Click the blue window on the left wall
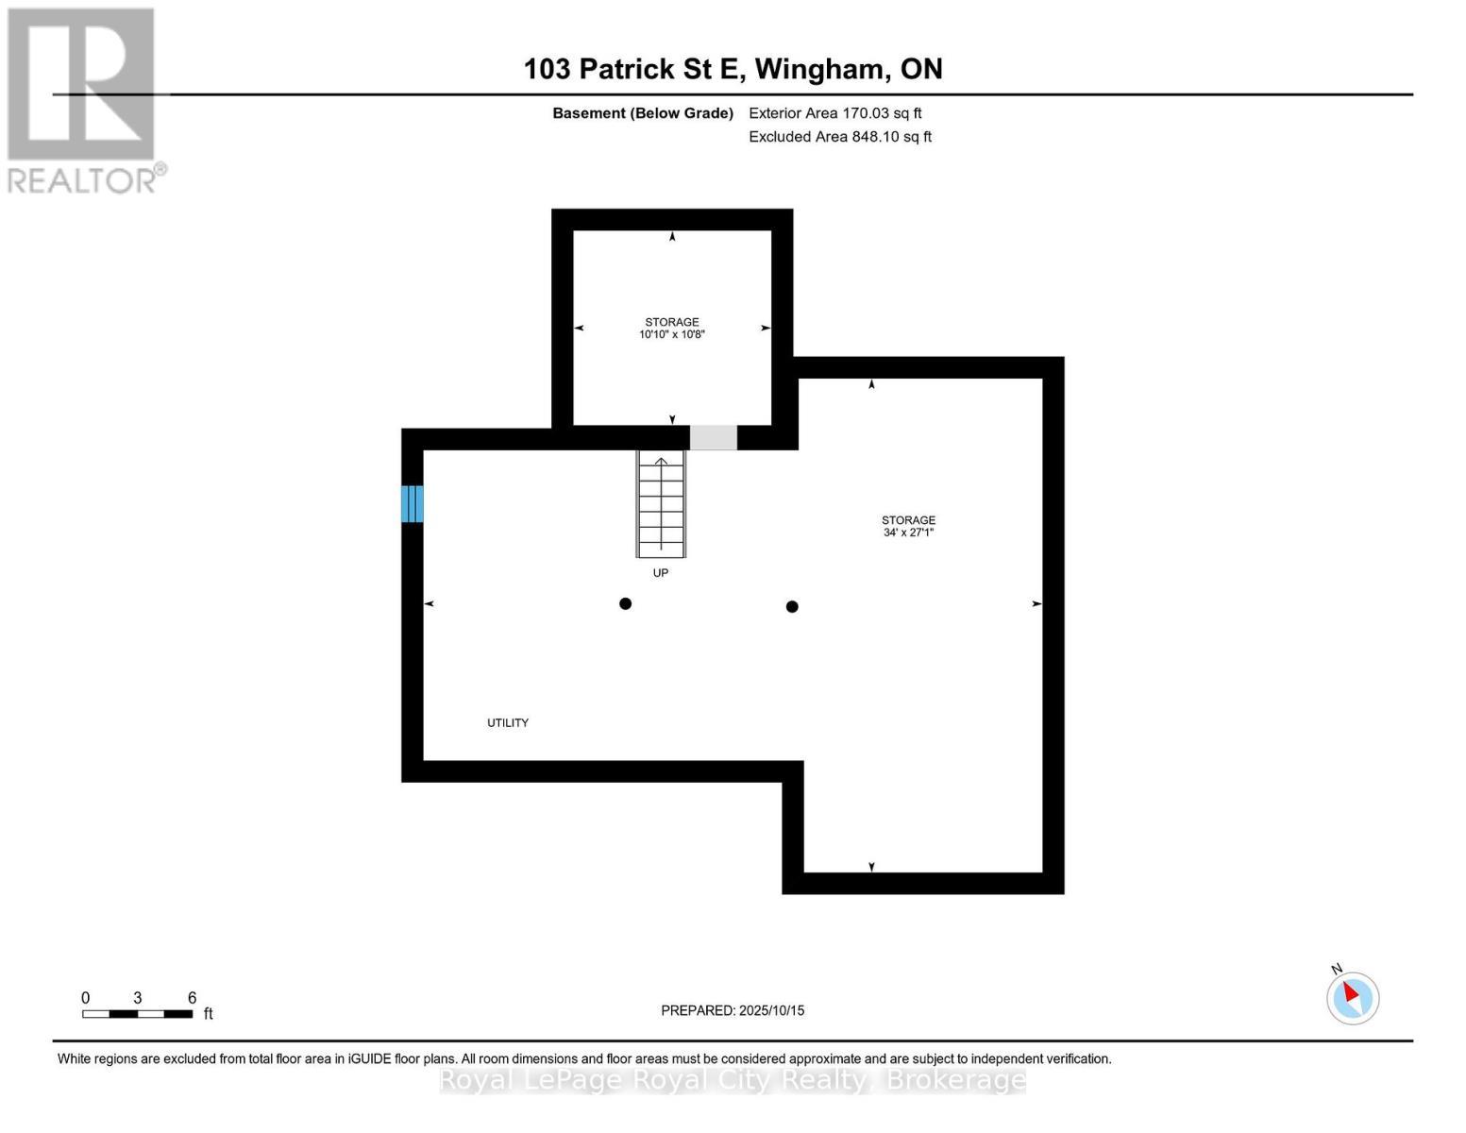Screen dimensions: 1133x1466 (x=413, y=503)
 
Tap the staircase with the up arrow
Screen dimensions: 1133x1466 (x=661, y=504)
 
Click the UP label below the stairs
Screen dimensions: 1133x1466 (x=661, y=573)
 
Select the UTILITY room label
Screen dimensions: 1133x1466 (x=508, y=723)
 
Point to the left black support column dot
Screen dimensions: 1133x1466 (x=625, y=604)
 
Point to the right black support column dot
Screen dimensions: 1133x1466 (x=792, y=607)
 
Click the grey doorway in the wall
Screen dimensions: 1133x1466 (x=714, y=438)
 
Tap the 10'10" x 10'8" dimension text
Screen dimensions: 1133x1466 (x=672, y=334)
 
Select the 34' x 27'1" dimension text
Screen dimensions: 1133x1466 (x=908, y=533)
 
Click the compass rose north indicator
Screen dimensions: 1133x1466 (x=1353, y=997)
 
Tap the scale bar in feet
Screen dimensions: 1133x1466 (x=138, y=1014)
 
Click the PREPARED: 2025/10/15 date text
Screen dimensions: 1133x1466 (x=733, y=1010)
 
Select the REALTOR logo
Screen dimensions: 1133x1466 (x=83, y=99)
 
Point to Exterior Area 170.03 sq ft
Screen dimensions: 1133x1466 (x=834, y=113)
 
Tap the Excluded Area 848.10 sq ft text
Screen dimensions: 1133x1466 (x=840, y=137)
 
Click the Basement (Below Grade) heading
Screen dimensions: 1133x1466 (x=643, y=113)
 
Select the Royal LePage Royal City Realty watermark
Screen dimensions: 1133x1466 (x=733, y=1080)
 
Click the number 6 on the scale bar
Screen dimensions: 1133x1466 (x=193, y=998)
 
